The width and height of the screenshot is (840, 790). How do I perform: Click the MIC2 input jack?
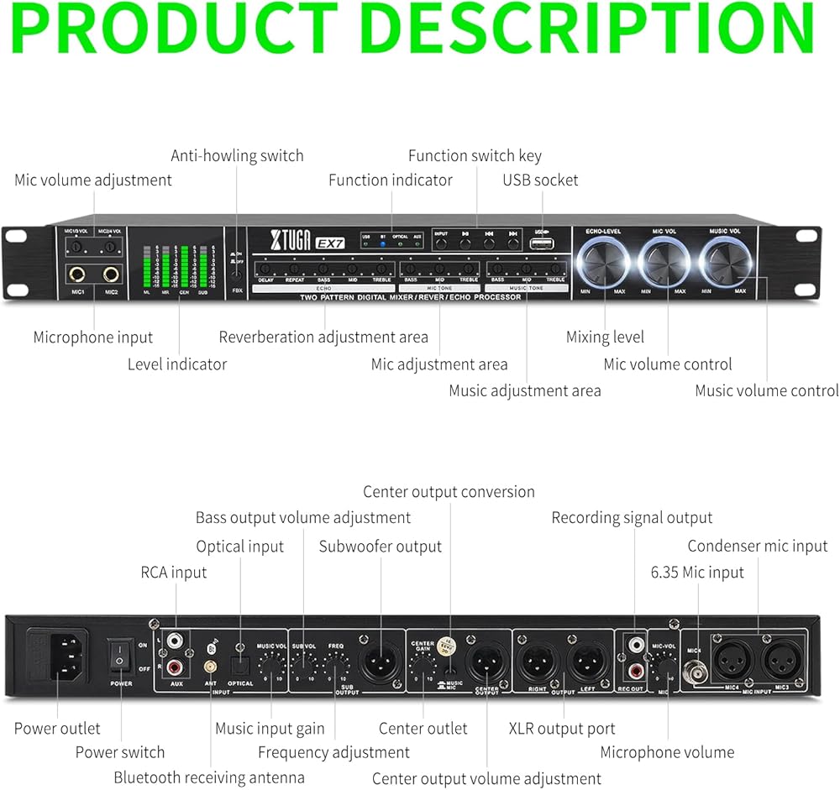111,275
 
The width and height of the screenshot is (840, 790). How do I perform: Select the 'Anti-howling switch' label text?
237,155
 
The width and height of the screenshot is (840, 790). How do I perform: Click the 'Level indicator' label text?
177,364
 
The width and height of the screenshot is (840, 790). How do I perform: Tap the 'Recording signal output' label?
632,518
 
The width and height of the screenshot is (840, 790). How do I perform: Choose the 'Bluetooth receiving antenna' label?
209,778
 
